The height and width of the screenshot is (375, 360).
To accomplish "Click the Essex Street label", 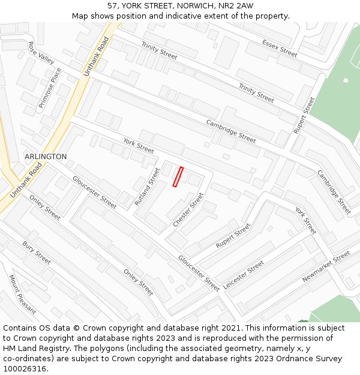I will tap(280, 48).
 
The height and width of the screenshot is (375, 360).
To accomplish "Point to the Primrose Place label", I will tap(50, 88).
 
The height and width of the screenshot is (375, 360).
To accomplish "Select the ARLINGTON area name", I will tap(46, 157).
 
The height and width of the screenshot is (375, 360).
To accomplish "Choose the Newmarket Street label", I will tap(326, 267).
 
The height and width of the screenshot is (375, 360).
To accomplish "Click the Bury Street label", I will tap(37, 253).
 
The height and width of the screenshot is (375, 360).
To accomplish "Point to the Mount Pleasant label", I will tap(22, 295).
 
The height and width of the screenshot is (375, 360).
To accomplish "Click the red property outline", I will tap(178, 177).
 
